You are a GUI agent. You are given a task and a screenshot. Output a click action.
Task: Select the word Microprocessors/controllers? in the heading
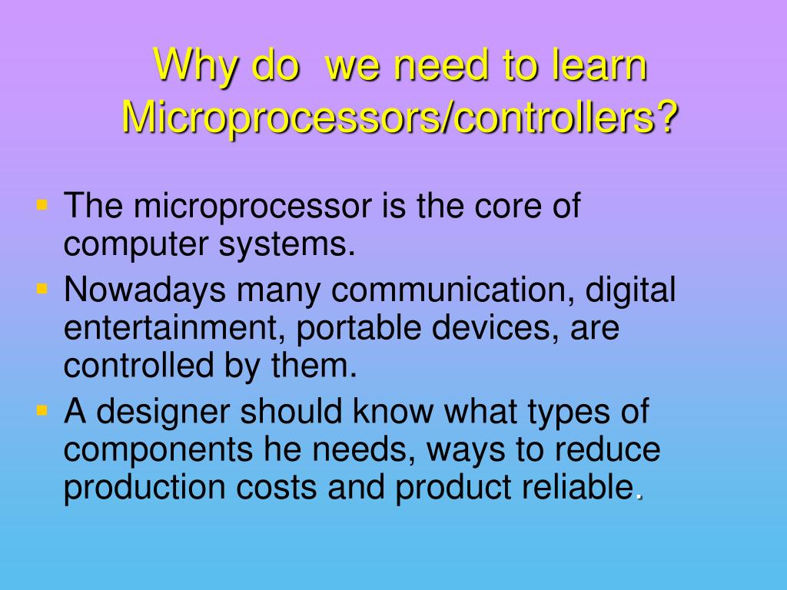(401, 118)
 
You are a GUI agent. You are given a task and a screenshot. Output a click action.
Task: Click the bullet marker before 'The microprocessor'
(42, 206)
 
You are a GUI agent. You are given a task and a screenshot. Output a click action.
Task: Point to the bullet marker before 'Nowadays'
(42, 290)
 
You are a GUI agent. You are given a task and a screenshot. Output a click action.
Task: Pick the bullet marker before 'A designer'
(42, 411)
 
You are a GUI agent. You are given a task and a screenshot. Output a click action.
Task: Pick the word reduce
(614, 450)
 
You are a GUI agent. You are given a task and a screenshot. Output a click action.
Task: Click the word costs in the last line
(277, 487)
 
